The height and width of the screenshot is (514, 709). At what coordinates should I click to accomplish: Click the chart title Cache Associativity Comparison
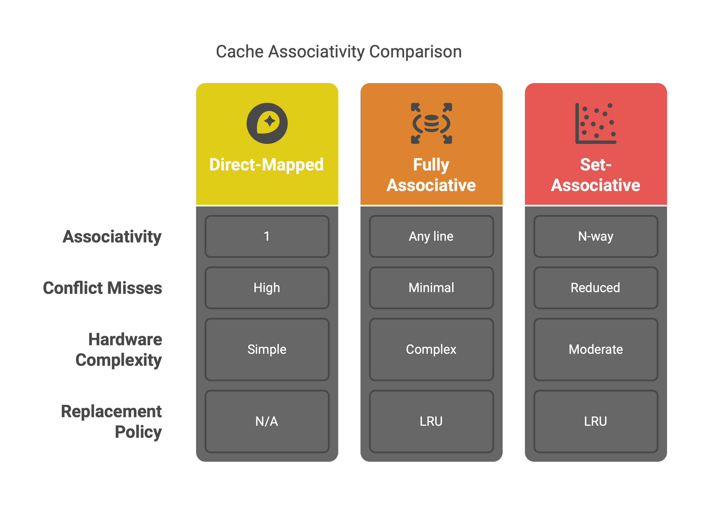click(339, 52)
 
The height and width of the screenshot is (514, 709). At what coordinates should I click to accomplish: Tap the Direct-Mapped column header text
click(266, 164)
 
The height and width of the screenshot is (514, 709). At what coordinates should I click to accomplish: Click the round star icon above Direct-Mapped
click(267, 123)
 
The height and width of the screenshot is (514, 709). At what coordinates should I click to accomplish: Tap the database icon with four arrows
click(431, 123)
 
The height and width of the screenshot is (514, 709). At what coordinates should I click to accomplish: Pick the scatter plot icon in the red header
click(595, 123)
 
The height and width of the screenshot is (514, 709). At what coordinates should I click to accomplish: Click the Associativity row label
click(112, 236)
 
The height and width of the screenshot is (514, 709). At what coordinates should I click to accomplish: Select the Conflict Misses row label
click(102, 288)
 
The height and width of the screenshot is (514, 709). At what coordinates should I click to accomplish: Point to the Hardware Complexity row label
click(119, 350)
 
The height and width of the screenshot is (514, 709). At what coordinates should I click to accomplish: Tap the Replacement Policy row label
click(112, 421)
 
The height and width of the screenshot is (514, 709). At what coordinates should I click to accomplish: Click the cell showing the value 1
click(267, 236)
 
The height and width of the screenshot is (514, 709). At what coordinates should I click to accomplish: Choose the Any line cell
click(431, 236)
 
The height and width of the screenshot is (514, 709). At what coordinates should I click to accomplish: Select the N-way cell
click(595, 236)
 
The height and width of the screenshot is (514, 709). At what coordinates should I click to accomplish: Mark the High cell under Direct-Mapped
click(267, 288)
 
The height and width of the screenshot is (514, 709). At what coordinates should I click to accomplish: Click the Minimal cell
click(431, 288)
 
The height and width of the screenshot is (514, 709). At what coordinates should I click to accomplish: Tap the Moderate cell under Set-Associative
click(595, 350)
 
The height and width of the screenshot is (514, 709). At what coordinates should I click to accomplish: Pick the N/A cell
click(267, 421)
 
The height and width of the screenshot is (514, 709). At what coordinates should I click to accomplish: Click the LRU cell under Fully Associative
click(431, 421)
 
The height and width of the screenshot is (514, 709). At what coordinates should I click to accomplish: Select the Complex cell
click(431, 350)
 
